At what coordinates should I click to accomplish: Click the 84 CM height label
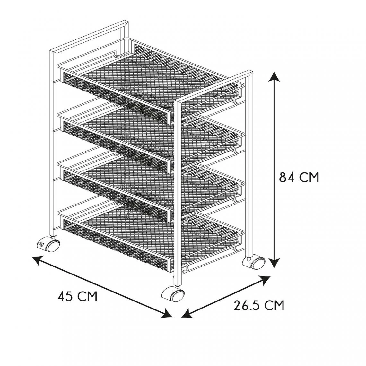[299, 178]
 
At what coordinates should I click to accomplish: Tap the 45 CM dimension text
[77, 296]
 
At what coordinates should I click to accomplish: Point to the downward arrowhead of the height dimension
[275, 262]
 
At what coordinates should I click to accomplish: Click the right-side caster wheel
[254, 263]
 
